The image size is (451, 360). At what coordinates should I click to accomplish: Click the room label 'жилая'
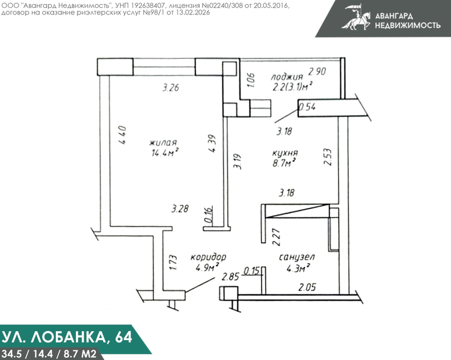pyautogui.click(x=163, y=142)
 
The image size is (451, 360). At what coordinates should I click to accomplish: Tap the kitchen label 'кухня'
pyautogui.click(x=285, y=153)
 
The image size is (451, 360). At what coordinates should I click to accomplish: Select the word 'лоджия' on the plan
pyautogui.click(x=287, y=77)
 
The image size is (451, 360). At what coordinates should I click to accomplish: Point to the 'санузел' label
pyautogui.click(x=297, y=257)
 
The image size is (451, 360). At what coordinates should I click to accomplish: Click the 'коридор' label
pyautogui.click(x=208, y=257)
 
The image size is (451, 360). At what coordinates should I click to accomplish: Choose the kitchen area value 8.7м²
pyautogui.click(x=284, y=163)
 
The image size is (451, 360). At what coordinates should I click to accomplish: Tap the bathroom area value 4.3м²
pyautogui.click(x=298, y=268)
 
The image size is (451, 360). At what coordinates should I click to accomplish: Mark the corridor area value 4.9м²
pyautogui.click(x=207, y=268)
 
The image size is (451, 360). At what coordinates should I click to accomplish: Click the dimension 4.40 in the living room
pyautogui.click(x=122, y=135)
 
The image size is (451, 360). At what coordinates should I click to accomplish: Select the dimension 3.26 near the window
pyautogui.click(x=171, y=87)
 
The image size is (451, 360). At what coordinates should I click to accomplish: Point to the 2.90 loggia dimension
pyautogui.click(x=317, y=71)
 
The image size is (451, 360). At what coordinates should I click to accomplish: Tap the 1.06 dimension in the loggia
pyautogui.click(x=251, y=80)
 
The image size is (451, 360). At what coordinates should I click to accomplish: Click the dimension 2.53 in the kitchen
pyautogui.click(x=328, y=157)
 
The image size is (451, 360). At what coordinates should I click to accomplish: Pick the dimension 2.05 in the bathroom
pyautogui.click(x=307, y=287)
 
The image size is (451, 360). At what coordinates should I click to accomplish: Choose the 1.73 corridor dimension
pyautogui.click(x=173, y=263)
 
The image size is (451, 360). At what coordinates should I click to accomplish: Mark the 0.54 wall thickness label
pyautogui.click(x=307, y=107)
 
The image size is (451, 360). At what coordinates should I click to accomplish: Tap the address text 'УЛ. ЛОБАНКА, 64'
pyautogui.click(x=67, y=337)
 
